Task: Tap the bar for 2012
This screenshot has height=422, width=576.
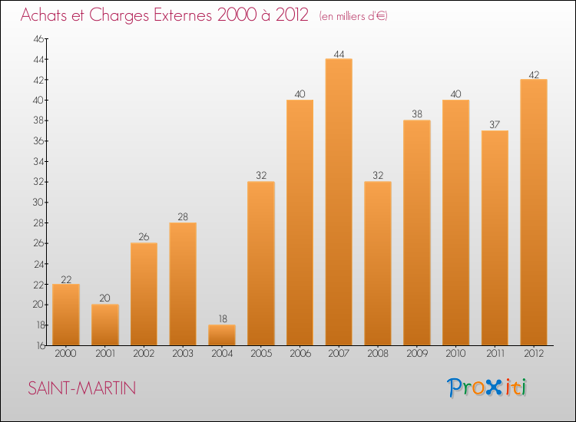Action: [x=534, y=212]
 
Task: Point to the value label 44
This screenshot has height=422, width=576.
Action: [x=339, y=54]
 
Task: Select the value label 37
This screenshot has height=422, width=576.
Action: [x=495, y=125]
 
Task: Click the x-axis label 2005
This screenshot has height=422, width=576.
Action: [x=261, y=354]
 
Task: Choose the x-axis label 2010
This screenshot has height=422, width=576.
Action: [x=455, y=354]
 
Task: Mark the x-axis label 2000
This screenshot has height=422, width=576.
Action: [x=66, y=354]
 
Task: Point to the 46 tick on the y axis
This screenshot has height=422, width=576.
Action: [x=38, y=39]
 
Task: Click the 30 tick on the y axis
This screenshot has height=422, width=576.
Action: [x=38, y=203]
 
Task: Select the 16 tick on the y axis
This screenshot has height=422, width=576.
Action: [x=38, y=345]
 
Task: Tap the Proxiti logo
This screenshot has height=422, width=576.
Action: [x=487, y=387]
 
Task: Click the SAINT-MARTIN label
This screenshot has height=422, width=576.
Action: [x=82, y=388]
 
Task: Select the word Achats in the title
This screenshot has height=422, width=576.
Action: [x=48, y=15]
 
